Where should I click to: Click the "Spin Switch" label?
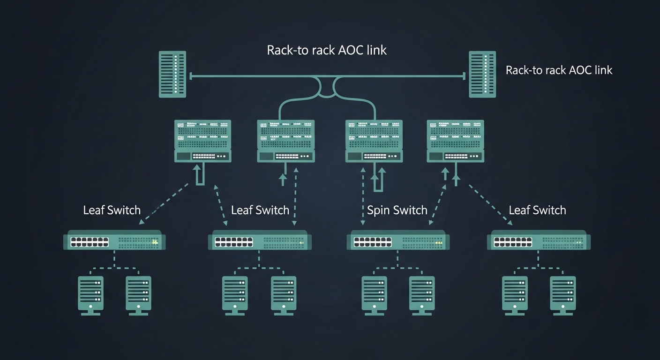click(397, 210)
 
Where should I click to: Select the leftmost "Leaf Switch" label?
click(112, 210)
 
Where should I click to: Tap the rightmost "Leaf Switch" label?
click(537, 210)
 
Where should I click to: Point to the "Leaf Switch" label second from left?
click(260, 210)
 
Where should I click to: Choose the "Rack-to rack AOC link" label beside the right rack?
click(559, 70)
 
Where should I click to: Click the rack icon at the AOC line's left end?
click(172, 74)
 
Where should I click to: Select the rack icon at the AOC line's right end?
click(482, 74)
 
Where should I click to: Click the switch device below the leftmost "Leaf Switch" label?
click(112, 241)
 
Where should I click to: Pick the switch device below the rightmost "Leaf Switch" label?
click(539, 241)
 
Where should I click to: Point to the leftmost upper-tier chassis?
click(203, 141)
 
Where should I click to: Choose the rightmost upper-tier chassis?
click(455, 141)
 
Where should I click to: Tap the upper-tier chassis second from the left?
click(285, 141)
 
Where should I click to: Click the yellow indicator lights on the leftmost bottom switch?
click(154, 242)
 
